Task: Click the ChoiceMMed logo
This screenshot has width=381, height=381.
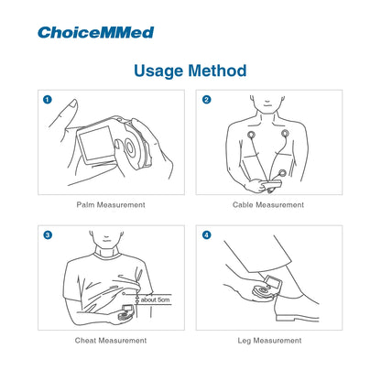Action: pyautogui.click(x=95, y=32)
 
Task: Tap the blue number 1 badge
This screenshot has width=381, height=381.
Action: pyautogui.click(x=48, y=100)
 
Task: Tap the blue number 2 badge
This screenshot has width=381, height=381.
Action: pyautogui.click(x=207, y=100)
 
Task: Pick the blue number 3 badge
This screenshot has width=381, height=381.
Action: pyautogui.click(x=48, y=235)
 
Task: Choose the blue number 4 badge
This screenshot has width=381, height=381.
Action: pyautogui.click(x=207, y=235)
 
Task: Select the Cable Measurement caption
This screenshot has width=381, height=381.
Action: pyautogui.click(x=268, y=205)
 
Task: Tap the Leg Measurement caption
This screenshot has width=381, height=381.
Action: pyautogui.click(x=268, y=341)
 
